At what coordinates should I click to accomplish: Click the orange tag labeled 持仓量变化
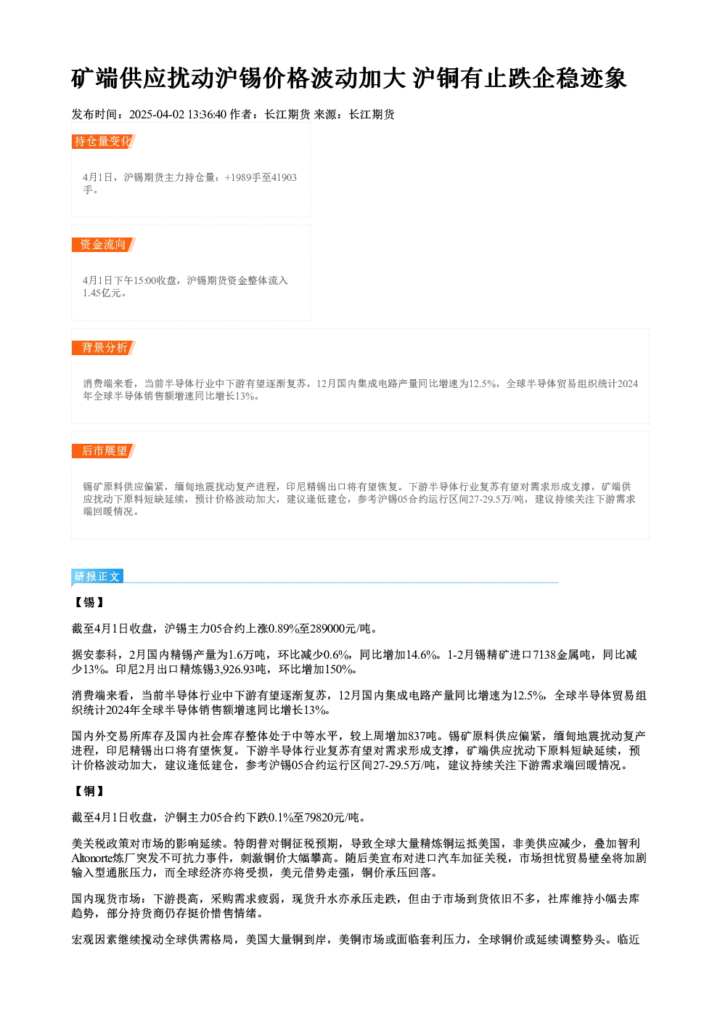click(x=103, y=142)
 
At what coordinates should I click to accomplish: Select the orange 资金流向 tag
click(x=103, y=245)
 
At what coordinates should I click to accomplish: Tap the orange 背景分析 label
click(x=103, y=348)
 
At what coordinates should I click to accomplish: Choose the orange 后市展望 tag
click(x=103, y=451)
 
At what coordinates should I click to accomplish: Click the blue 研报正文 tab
click(x=97, y=577)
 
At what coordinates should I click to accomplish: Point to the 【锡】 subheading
click(x=89, y=603)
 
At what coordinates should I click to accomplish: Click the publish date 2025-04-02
click(x=157, y=115)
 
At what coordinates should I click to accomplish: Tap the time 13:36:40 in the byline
click(x=207, y=115)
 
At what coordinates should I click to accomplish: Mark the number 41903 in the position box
click(x=284, y=177)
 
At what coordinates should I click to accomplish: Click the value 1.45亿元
click(x=104, y=293)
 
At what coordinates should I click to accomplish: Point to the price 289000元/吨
click(x=340, y=629)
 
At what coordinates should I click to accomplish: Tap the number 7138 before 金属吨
click(x=544, y=655)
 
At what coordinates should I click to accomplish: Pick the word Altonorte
click(x=92, y=858)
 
